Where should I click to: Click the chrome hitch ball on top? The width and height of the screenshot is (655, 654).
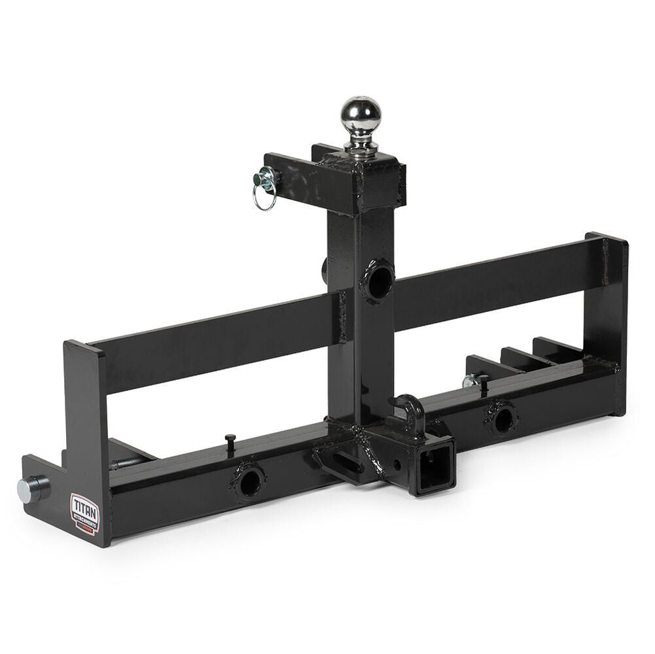pos(360,116)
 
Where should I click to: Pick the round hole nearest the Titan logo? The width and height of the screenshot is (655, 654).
pos(249,483)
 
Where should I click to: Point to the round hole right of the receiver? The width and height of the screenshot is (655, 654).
pos(503,419)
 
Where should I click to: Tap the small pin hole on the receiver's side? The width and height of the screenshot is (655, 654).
pos(397,465)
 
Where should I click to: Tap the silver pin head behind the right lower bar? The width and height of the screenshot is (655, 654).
pos(469,381)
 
